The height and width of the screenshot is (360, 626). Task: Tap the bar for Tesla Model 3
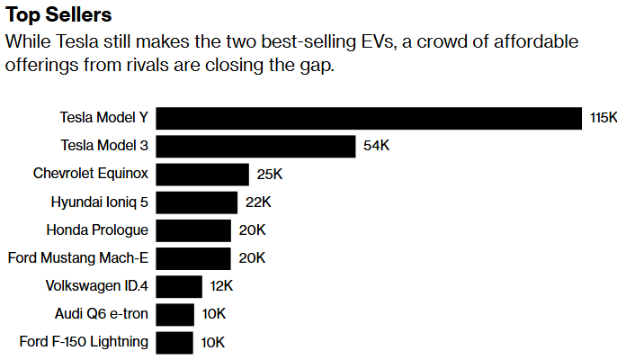[256, 147]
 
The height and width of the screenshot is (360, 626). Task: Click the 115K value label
[604, 119]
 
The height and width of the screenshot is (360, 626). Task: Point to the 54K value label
[377, 147]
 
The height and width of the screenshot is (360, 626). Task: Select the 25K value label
[270, 175]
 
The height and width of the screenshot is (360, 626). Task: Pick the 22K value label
[258, 202]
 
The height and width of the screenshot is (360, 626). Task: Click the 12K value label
[222, 286]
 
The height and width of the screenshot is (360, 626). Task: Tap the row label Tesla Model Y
[103, 119]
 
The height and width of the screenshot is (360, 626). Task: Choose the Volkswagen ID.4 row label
[96, 286]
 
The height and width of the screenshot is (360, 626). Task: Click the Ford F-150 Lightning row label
[84, 342]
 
